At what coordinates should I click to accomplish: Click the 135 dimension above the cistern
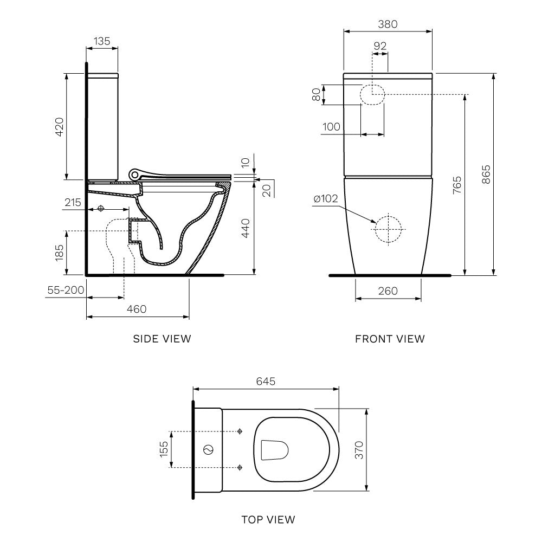[102, 41]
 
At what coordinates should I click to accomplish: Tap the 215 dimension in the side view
[72, 203]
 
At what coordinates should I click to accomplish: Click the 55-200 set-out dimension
[66, 290]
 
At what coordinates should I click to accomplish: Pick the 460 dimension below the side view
[137, 309]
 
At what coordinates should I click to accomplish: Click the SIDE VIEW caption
[162, 339]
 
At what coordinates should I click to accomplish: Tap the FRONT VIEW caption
[390, 339]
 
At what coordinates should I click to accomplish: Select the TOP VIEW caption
[268, 520]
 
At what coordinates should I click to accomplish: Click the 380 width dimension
[388, 24]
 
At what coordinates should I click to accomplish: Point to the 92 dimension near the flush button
[380, 46]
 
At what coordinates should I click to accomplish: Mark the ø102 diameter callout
[326, 199]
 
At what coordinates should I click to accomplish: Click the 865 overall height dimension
[486, 174]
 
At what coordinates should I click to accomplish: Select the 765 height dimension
[457, 185]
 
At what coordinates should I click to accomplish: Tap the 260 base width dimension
[388, 291]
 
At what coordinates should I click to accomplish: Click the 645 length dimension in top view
[266, 382]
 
